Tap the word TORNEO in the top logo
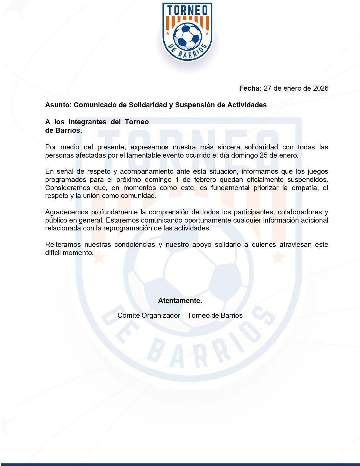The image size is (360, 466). tap(187, 11)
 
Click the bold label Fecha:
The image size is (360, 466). tap(250, 88)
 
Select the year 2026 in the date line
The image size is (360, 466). tap(321, 88)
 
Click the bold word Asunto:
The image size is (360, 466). tap(58, 105)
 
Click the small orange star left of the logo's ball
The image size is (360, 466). tap(167, 34)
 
